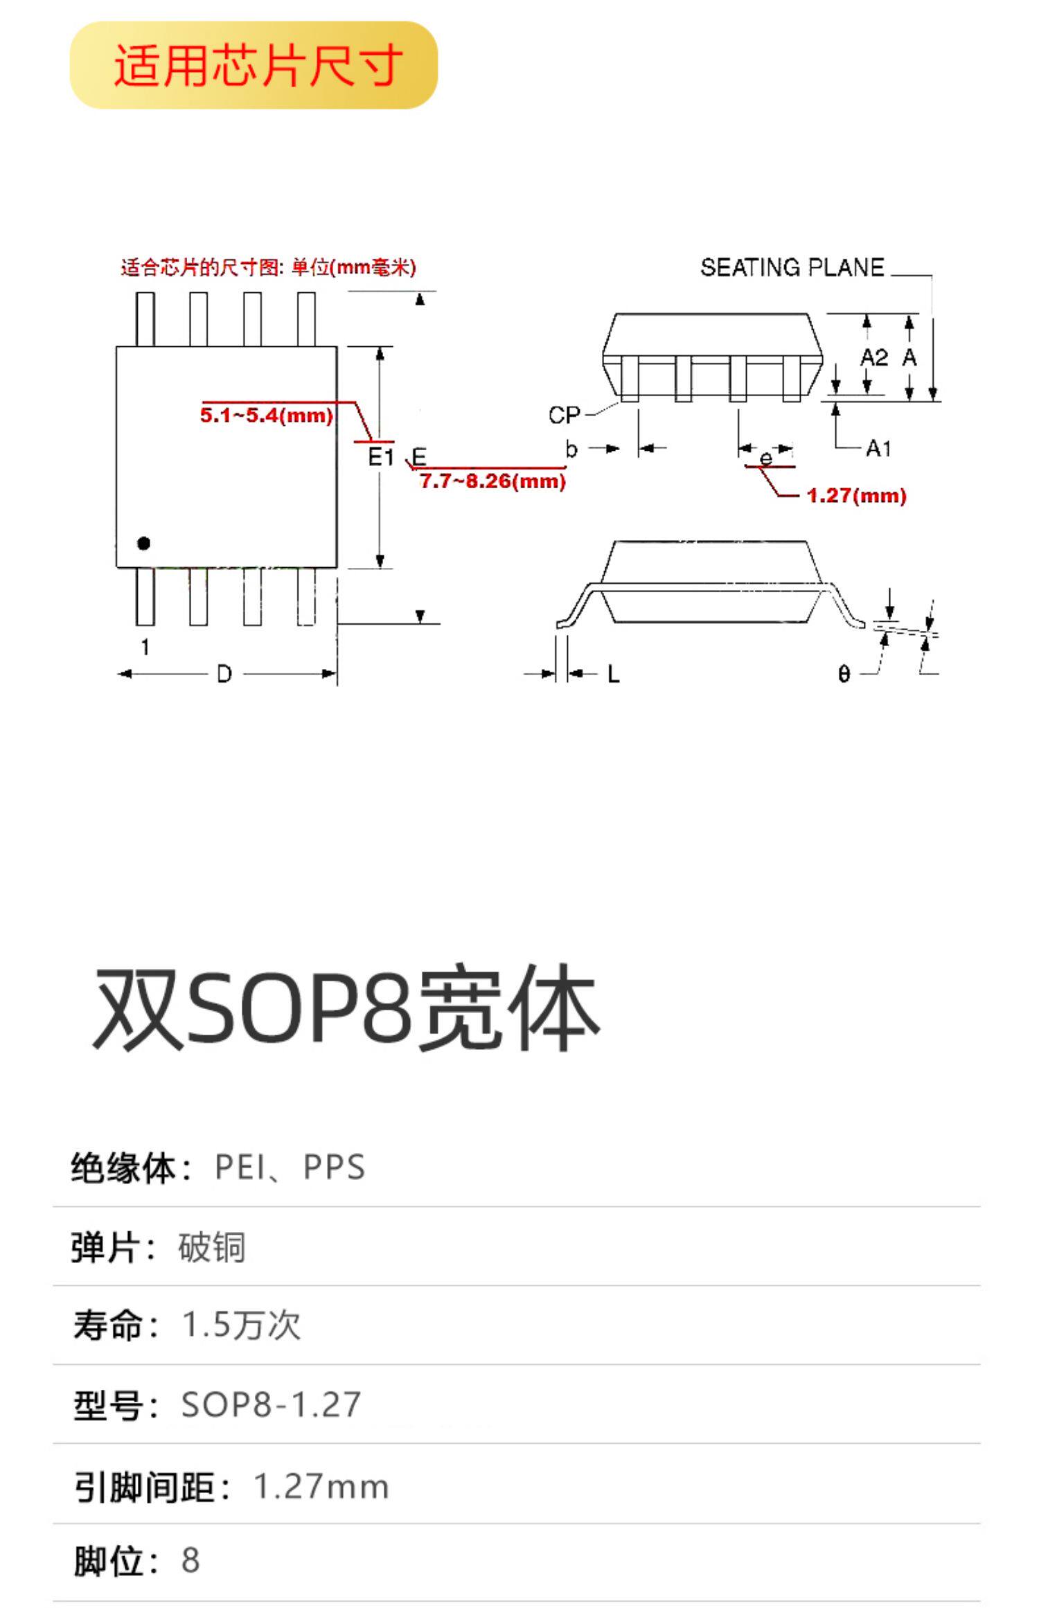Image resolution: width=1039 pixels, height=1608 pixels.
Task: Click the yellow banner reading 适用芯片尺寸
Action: [x=254, y=65]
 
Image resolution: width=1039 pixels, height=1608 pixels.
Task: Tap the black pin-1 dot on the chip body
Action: [x=143, y=544]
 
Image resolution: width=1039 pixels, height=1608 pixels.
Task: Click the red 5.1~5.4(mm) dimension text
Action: [x=267, y=416]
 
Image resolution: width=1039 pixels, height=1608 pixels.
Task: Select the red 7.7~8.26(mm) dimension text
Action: [x=492, y=481]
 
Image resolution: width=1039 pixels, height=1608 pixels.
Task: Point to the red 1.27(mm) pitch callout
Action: [x=856, y=496]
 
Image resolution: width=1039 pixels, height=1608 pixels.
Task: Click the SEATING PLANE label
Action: [x=792, y=268]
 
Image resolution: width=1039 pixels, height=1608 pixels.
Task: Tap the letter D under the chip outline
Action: [x=224, y=674]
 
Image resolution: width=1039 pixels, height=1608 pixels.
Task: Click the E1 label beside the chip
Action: [x=380, y=457]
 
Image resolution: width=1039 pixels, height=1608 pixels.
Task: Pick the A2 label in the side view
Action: [x=873, y=357]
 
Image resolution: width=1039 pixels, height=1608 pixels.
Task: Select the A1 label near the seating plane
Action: [x=878, y=449]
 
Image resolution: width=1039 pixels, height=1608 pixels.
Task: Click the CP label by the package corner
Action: [x=564, y=416]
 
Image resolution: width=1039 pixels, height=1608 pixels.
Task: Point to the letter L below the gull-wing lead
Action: [x=614, y=674]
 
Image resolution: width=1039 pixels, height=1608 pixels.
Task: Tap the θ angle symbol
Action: [x=844, y=674]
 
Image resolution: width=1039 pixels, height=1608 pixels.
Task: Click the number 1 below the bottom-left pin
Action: [x=145, y=647]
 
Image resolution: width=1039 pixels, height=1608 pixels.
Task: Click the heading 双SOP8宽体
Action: [x=346, y=1008]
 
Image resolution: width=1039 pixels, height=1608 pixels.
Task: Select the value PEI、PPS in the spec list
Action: [x=290, y=1168]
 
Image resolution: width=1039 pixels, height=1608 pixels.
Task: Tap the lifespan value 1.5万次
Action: [x=241, y=1325]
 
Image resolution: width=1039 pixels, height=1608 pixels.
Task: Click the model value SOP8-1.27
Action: [x=271, y=1405]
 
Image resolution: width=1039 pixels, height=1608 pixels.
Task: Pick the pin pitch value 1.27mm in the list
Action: [x=321, y=1487]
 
